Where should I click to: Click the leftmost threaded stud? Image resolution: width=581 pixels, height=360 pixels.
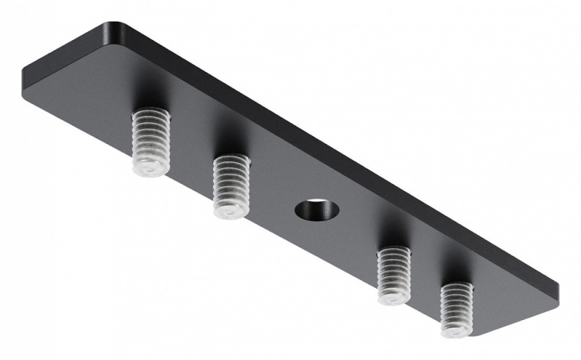[150, 141]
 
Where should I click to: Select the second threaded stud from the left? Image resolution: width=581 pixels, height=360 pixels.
[231, 185]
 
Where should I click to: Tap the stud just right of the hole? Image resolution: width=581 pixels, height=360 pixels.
[393, 275]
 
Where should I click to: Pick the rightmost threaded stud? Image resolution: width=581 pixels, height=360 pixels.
[456, 309]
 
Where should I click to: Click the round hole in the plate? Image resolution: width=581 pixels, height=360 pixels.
[317, 210]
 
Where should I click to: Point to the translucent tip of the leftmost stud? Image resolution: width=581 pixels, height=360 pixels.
[149, 166]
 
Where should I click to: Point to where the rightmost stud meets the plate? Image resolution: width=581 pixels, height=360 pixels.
[458, 288]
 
